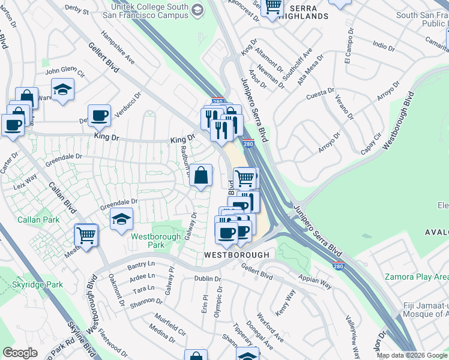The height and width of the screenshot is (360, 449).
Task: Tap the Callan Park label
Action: [38, 220]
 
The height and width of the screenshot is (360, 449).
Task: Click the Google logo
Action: [20, 353]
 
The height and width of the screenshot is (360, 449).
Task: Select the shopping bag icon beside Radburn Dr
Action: [202, 176]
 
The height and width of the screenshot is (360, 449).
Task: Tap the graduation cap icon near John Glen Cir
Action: [62, 90]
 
